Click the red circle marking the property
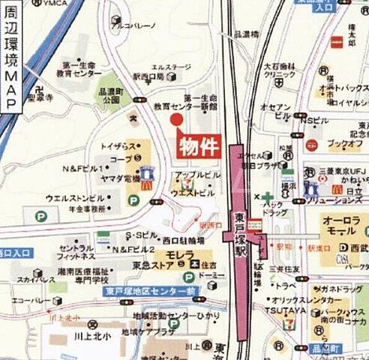coord(176,120)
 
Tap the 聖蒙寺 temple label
coord(40,97)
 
